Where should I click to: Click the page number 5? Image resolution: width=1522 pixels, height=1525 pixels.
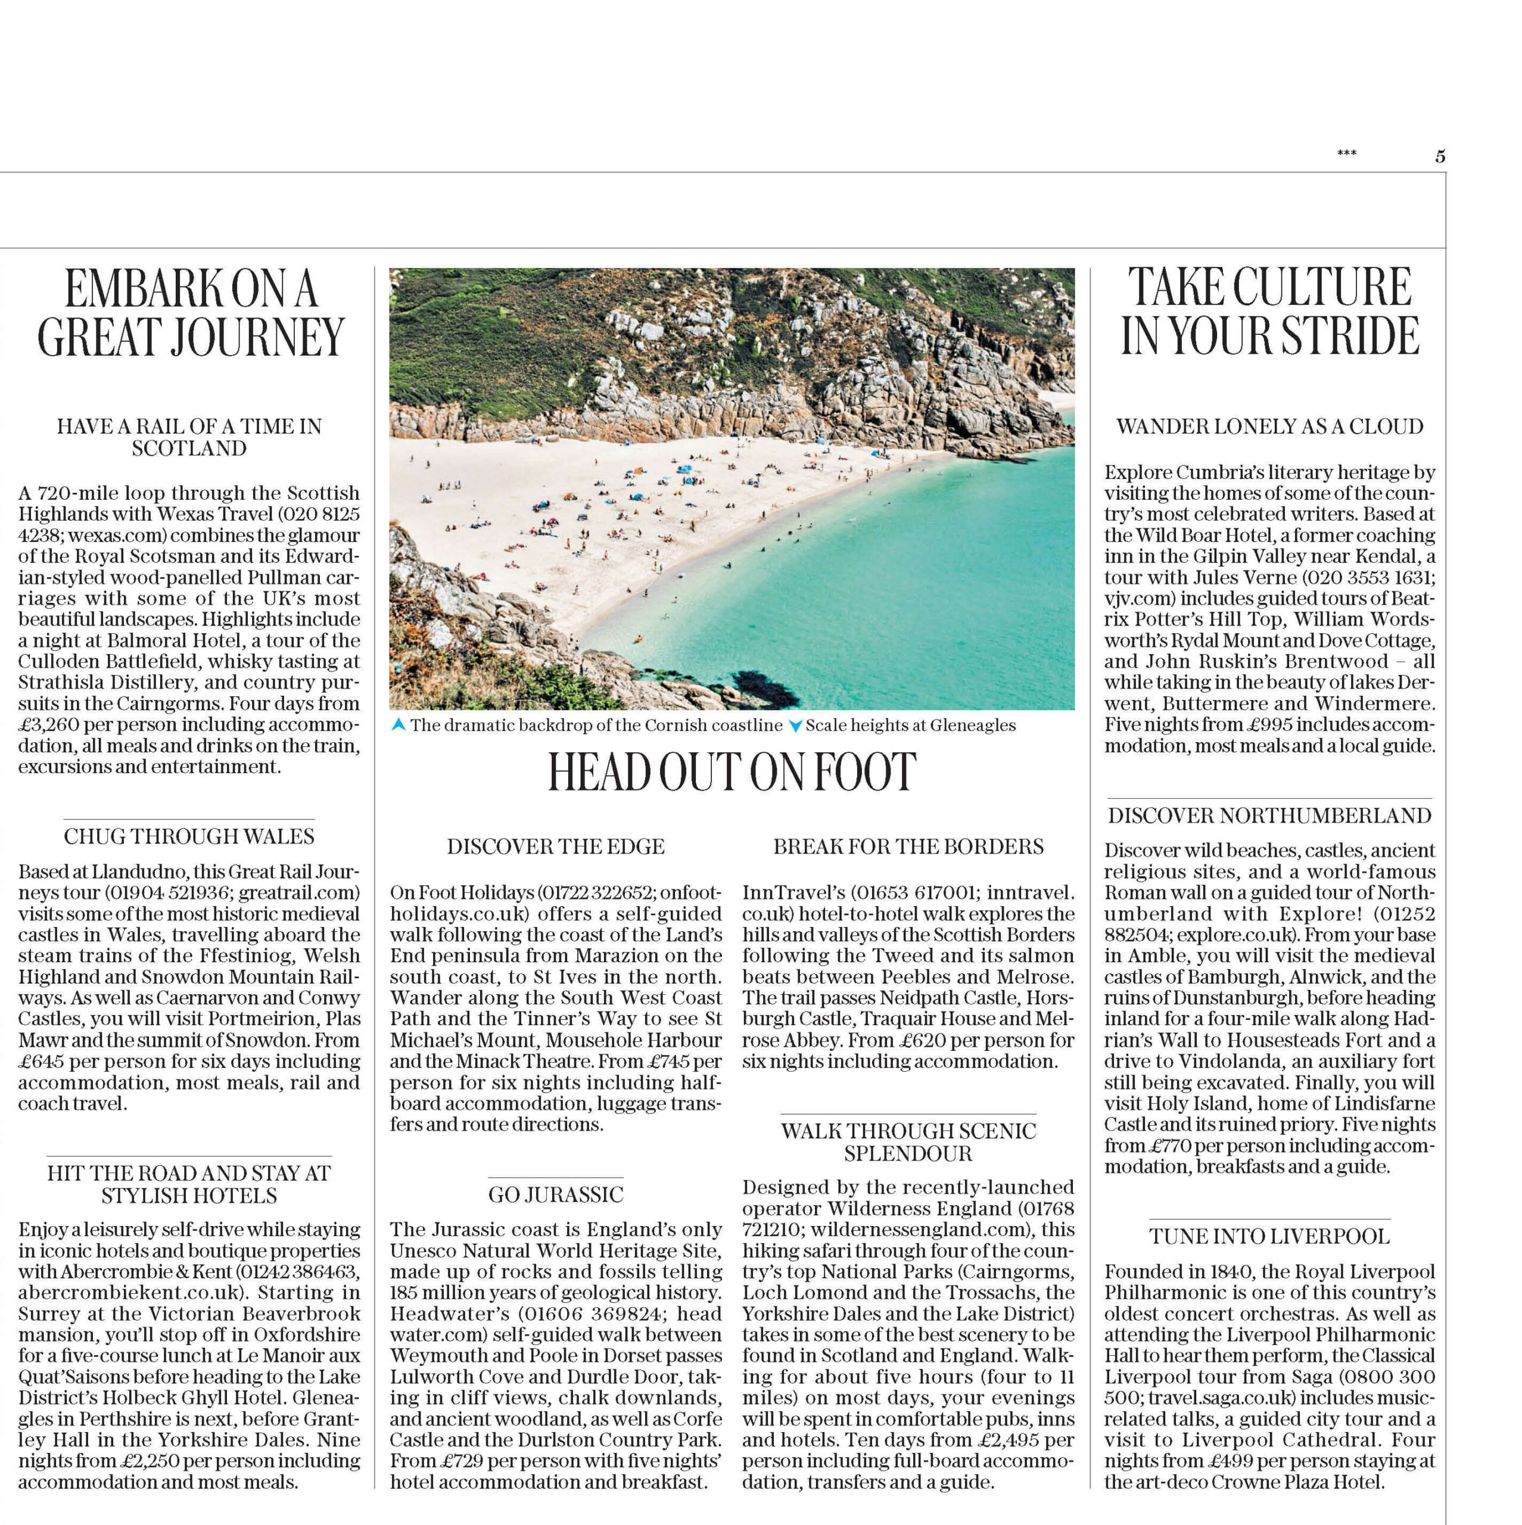coord(1440,156)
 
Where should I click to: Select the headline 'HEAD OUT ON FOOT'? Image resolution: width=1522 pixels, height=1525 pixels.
coord(732,772)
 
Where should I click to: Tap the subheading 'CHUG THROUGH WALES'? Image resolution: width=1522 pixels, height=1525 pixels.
coord(189,836)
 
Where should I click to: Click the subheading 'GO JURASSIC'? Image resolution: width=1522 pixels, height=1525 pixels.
coord(556,1194)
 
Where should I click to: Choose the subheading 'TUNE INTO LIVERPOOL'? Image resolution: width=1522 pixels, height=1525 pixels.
coord(1269,1236)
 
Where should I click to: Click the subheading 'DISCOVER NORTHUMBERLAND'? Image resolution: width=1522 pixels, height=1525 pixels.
coord(1269,816)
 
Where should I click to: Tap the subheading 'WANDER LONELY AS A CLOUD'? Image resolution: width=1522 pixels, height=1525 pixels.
coord(1269,427)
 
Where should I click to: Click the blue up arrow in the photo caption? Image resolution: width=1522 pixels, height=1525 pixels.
coord(399,724)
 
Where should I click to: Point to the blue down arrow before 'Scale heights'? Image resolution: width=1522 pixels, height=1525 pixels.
coord(796,726)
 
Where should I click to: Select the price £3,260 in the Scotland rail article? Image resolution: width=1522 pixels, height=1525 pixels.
coord(48,724)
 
